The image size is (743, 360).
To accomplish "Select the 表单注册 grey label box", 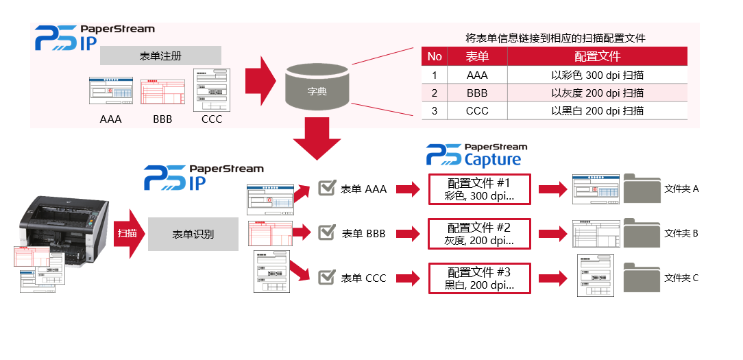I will [160, 56].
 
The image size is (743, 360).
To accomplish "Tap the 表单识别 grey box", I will [193, 234].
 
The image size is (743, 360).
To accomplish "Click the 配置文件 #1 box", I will [479, 189].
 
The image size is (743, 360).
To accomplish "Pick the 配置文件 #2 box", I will [479, 234].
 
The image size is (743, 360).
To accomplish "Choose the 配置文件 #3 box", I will [479, 278].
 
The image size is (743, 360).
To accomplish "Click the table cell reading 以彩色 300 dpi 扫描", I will [597, 75].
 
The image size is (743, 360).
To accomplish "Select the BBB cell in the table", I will [477, 93].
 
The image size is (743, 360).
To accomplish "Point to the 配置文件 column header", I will [597, 56].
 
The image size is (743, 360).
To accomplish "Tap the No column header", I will [435, 56].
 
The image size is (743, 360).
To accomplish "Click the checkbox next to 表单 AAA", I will [327, 189].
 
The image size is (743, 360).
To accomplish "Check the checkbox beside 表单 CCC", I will [327, 278].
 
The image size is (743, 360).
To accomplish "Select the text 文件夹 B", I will [681, 233].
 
